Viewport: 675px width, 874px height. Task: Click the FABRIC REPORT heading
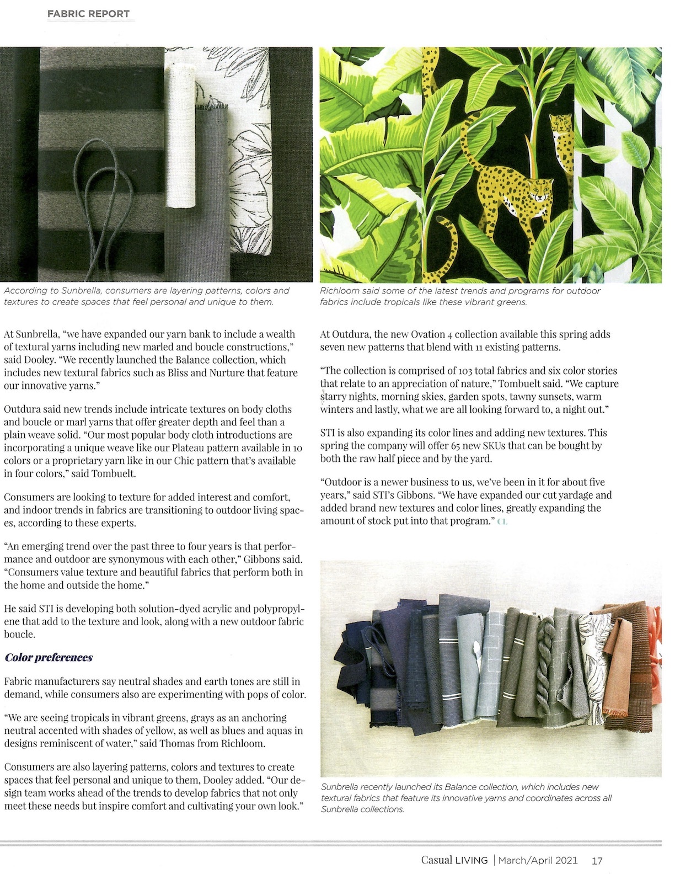88,14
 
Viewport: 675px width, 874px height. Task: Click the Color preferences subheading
49,657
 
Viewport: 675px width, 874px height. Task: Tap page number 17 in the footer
597,860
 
